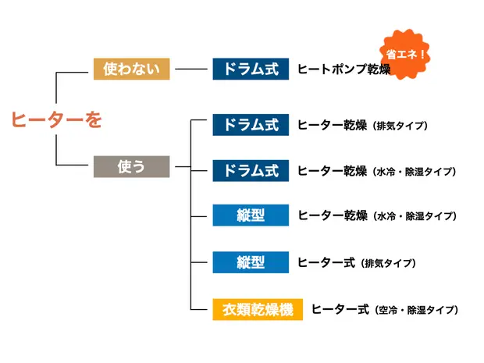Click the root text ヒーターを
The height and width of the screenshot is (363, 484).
click(x=56, y=119)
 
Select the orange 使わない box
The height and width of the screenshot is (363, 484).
click(x=131, y=69)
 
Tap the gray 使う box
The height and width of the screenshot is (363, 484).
click(x=131, y=166)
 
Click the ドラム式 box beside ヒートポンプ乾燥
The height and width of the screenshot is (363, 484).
click(x=251, y=69)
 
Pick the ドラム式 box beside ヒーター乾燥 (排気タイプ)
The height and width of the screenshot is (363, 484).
click(x=251, y=125)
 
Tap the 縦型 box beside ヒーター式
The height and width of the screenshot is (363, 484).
click(x=251, y=262)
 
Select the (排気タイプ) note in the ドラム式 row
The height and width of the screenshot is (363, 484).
click(x=400, y=126)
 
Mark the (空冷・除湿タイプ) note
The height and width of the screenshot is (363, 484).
click(x=415, y=311)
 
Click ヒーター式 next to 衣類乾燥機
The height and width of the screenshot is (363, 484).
click(x=340, y=310)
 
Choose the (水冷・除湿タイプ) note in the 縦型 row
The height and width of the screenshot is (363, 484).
click(x=415, y=216)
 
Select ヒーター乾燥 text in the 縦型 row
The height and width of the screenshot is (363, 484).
click(x=333, y=215)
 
